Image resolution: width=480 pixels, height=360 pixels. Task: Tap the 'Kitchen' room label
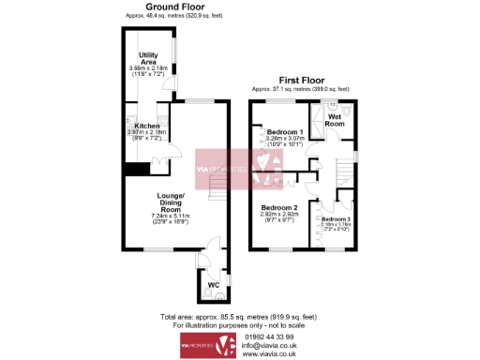147,126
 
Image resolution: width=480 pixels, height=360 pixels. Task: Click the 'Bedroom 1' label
284,132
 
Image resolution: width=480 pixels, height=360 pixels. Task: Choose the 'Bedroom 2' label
279,207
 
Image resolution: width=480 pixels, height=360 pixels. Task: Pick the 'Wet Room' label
335,118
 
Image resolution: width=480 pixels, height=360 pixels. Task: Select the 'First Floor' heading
302,82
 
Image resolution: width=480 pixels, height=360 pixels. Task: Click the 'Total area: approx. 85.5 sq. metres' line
240,317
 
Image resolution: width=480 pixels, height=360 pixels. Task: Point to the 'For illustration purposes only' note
240,324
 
